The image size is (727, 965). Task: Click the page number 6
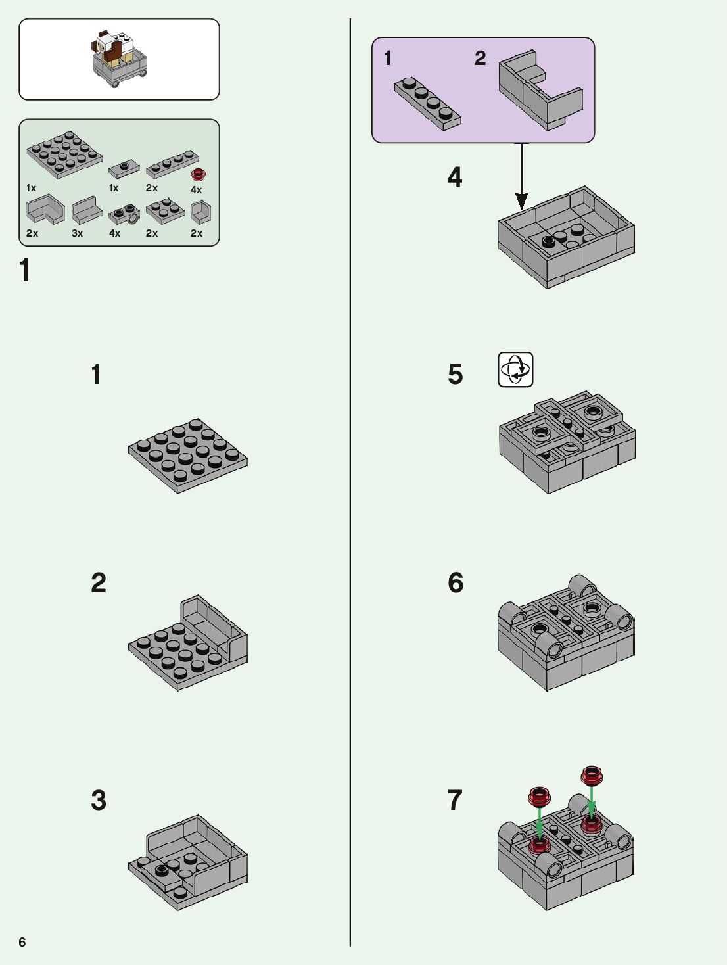[x=22, y=942]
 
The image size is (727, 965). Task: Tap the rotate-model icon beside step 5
[x=515, y=369]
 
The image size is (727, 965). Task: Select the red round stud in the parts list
[x=199, y=175]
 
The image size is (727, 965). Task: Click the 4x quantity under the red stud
[x=196, y=190]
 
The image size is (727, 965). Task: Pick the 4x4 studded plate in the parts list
[x=64, y=154]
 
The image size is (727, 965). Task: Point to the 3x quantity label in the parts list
[x=77, y=233]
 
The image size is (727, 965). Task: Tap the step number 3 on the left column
[x=99, y=800]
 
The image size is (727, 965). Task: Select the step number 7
[x=455, y=800]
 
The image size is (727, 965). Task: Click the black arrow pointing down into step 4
[x=521, y=176]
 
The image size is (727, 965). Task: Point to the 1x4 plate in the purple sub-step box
[x=427, y=104]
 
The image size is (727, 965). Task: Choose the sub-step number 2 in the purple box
[x=481, y=58]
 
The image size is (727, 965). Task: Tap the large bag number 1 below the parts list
[x=25, y=270]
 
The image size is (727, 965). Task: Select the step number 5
[x=456, y=374]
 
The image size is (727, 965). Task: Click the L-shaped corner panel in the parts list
[x=45, y=209]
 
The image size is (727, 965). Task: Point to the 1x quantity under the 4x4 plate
[x=31, y=188]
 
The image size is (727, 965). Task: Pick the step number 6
[x=456, y=582]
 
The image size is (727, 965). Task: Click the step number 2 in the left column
[x=99, y=583]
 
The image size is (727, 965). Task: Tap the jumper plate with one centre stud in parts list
[x=124, y=168]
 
